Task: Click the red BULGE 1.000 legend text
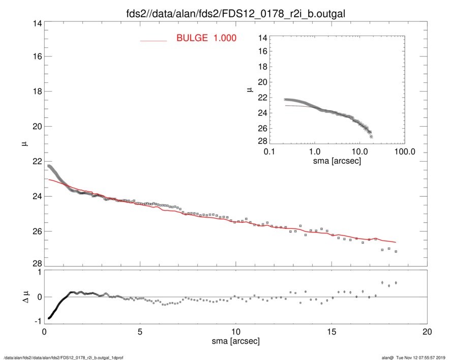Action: [206, 38]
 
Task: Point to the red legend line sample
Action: [153, 40]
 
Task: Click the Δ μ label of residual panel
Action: [22, 297]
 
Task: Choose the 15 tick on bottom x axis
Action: [332, 332]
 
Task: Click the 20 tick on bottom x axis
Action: [428, 332]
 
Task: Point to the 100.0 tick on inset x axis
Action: [403, 152]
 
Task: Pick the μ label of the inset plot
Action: [250, 89]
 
